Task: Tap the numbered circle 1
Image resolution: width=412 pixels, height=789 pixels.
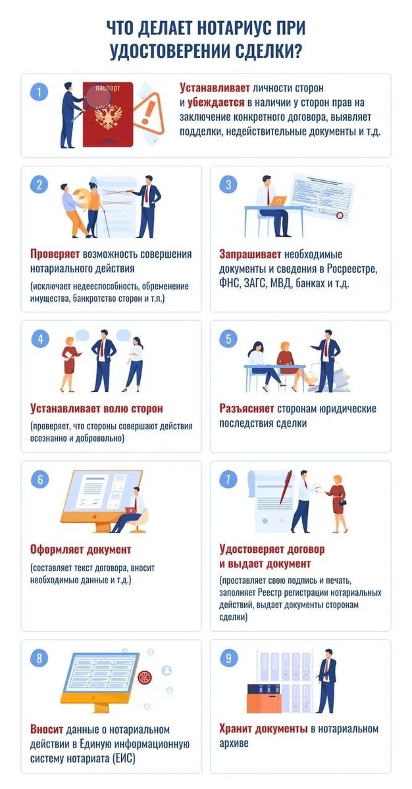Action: coord(39,92)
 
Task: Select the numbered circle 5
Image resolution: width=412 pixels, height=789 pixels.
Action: coord(228,339)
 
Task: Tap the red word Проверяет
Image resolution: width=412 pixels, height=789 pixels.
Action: coord(55,254)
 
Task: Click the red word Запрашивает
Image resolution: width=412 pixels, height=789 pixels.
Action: coord(250,254)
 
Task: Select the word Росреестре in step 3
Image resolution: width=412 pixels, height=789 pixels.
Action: coord(352,269)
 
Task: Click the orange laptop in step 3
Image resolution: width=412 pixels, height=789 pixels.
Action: coord(279,201)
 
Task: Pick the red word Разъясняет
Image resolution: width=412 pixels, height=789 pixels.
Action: coord(246,408)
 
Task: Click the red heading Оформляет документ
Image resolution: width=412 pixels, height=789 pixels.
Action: coord(80,550)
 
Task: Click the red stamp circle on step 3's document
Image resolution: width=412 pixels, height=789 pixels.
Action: coord(340,216)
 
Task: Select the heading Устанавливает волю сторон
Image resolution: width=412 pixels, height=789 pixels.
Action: coord(97,408)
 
